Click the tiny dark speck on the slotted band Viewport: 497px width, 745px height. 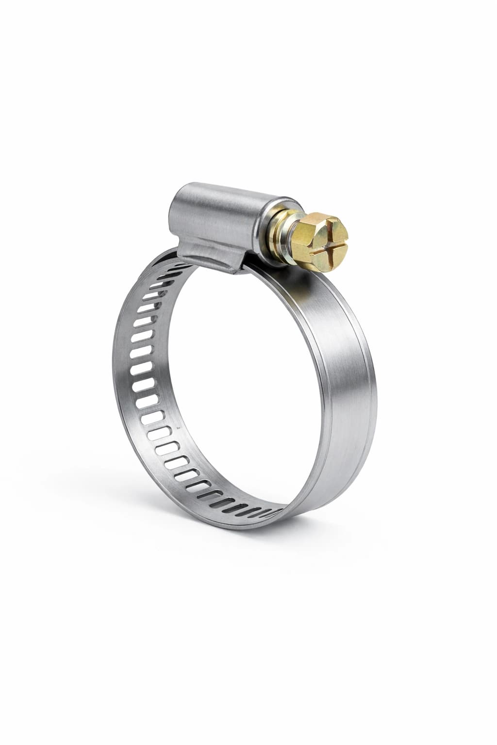pos(178,428)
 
